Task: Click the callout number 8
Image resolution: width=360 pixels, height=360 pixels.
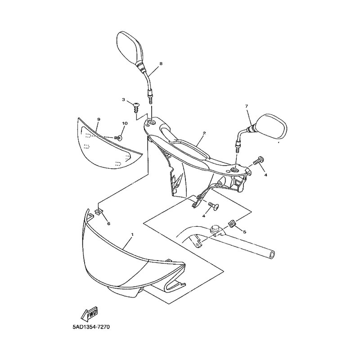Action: [161, 64]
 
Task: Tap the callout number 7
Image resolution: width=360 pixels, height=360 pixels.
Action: [247, 106]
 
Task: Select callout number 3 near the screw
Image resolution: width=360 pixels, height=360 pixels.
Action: [123, 99]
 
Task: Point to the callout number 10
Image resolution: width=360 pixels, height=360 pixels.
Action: [125, 123]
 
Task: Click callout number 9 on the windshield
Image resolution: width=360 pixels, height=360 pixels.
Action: [99, 119]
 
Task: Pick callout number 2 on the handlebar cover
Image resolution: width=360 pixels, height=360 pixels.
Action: [204, 133]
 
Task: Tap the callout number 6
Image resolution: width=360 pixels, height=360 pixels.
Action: [108, 223]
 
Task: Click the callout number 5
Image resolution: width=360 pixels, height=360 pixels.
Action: [244, 232]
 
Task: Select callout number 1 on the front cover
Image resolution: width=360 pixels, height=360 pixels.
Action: [132, 234]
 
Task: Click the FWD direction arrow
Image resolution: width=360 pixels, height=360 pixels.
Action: [90, 313]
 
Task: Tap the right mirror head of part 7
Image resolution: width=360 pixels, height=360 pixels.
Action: [272, 126]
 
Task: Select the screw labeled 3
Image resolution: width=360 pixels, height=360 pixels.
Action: [135, 107]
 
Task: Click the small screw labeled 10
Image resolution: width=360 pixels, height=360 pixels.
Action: [118, 138]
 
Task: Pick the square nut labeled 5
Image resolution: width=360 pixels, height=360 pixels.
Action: [232, 223]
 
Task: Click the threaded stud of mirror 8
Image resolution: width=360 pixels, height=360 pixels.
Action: [150, 99]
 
